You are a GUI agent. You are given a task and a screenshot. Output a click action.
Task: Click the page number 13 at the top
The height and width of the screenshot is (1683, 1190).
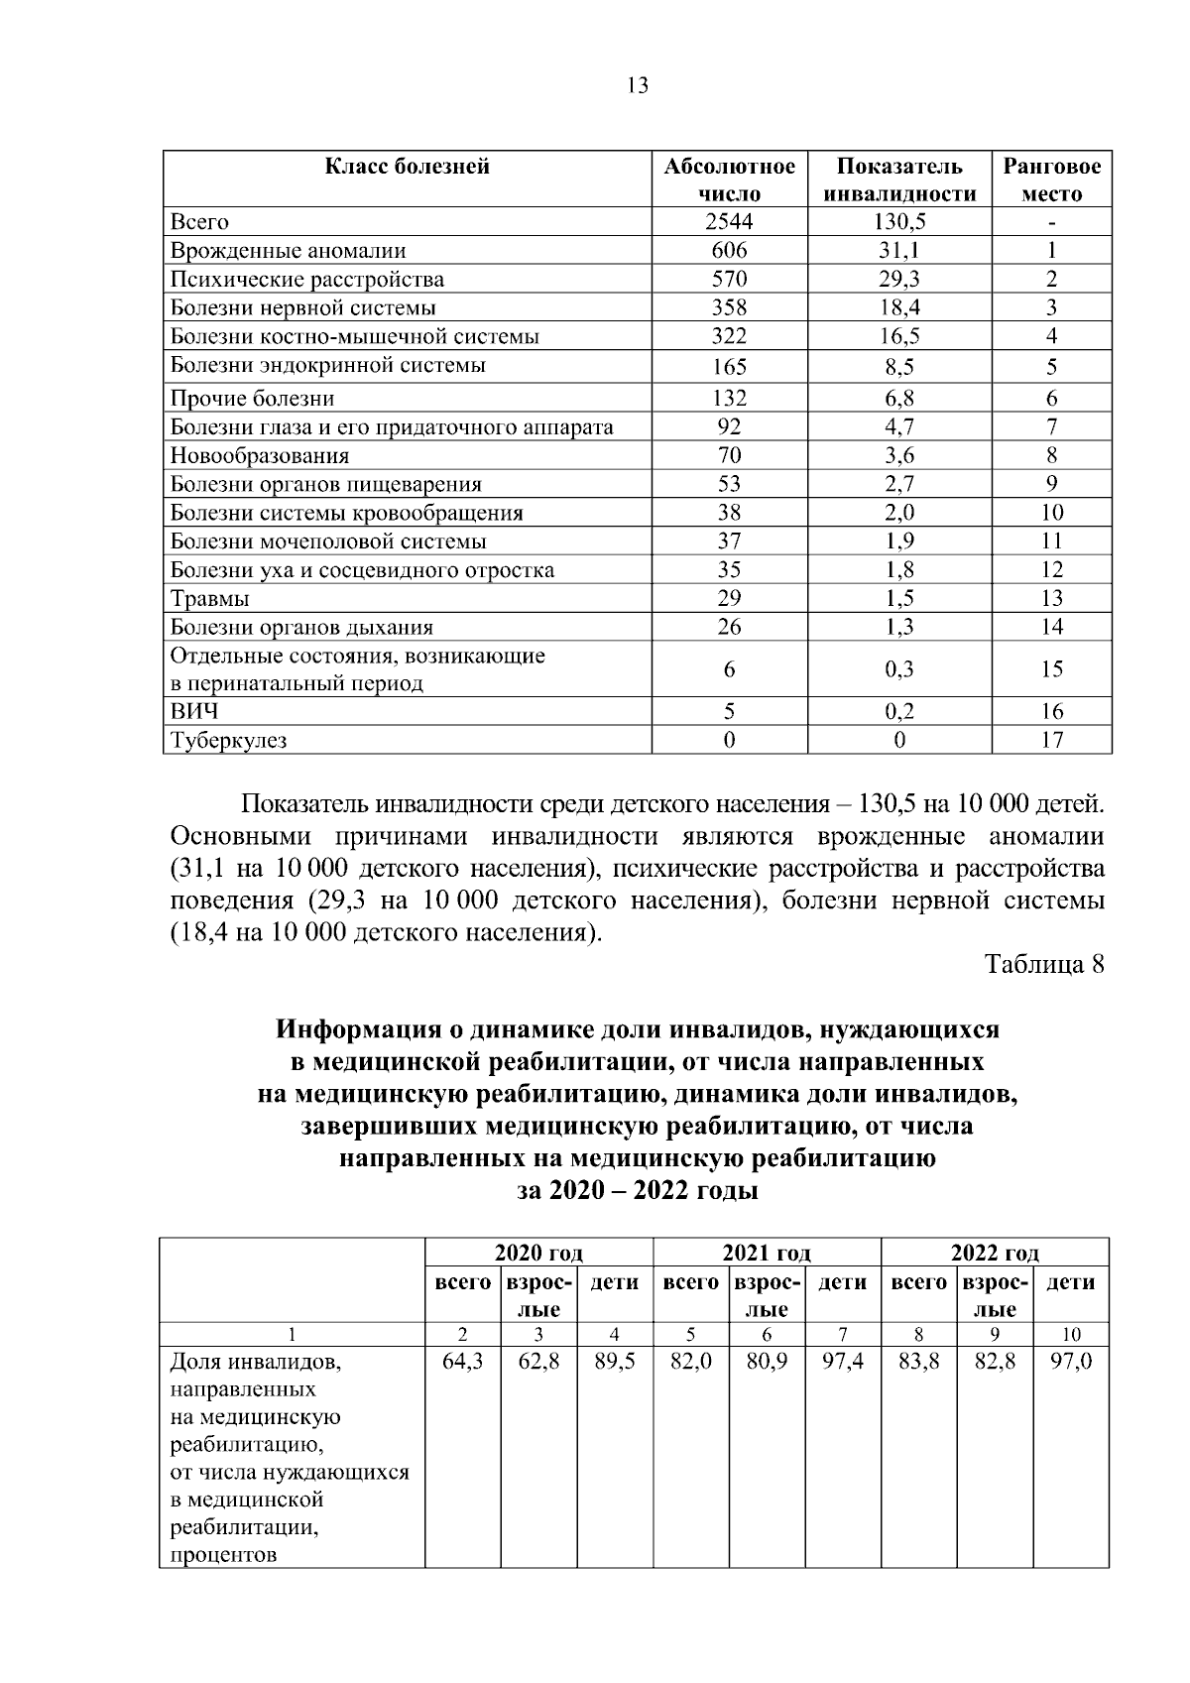(638, 86)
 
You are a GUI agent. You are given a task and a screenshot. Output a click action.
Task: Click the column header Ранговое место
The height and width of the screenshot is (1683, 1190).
(1051, 180)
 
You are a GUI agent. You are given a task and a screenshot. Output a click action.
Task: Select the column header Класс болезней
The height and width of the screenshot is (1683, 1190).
(408, 166)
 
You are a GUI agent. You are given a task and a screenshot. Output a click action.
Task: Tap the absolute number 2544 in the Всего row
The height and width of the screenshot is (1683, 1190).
(729, 222)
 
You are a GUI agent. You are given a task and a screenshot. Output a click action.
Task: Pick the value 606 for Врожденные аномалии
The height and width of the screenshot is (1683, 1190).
(729, 251)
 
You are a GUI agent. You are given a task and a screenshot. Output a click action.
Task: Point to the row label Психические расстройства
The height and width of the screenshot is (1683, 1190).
(307, 280)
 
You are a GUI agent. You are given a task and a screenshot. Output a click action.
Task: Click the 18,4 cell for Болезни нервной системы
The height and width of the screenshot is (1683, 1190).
(898, 308)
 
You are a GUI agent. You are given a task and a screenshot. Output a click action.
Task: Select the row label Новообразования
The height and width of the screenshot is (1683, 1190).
(260, 456)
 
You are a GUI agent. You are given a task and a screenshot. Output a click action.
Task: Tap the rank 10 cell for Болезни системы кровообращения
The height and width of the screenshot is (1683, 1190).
(1051, 513)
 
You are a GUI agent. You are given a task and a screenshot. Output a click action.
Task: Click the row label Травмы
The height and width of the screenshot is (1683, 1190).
(210, 599)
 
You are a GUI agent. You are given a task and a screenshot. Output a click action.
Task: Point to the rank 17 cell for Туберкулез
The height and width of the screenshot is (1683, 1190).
(1051, 740)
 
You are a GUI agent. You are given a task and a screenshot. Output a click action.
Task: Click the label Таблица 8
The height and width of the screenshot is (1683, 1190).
(1043, 965)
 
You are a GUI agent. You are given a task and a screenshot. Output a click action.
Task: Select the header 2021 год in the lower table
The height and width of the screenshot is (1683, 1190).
(767, 1253)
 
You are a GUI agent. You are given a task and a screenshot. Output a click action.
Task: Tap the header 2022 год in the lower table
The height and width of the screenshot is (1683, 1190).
(995, 1253)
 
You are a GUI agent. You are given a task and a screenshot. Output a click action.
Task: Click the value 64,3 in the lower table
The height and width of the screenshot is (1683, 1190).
(462, 1363)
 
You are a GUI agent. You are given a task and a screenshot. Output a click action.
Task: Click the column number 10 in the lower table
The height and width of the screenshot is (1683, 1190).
(1071, 1335)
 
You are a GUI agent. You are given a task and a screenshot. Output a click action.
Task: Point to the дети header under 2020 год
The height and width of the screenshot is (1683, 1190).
(614, 1282)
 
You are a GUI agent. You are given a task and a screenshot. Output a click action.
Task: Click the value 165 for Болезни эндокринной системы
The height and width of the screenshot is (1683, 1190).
(729, 367)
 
